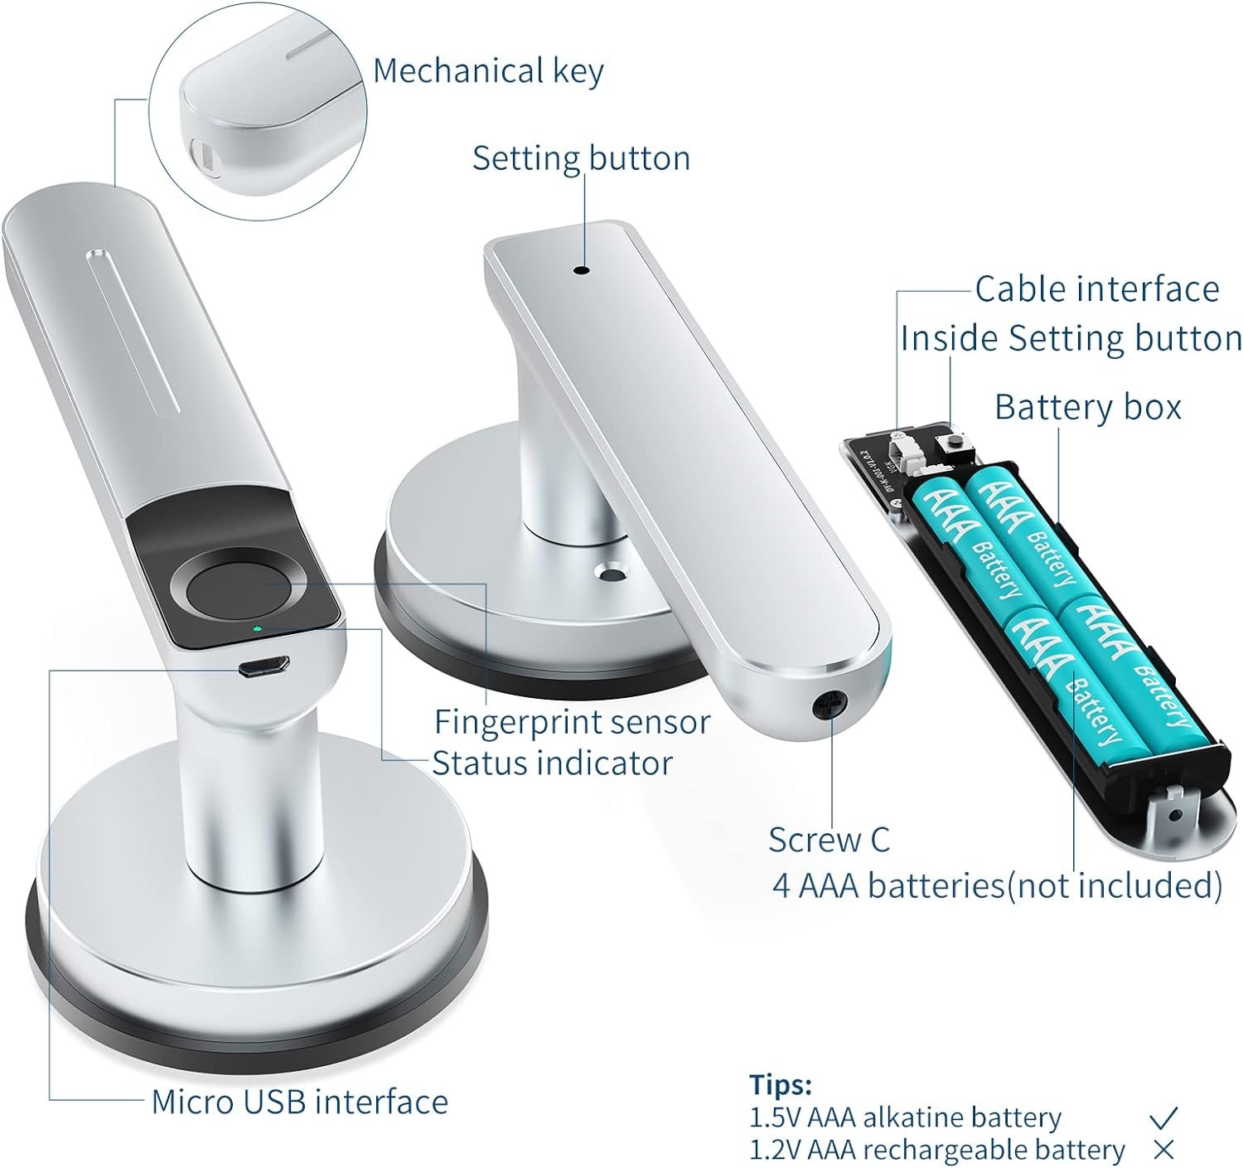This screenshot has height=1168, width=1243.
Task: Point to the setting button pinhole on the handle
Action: pyautogui.click(x=583, y=270)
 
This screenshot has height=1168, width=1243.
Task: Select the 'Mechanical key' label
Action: pyautogui.click(x=488, y=70)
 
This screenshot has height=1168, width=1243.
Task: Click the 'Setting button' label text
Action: pyautogui.click(x=582, y=158)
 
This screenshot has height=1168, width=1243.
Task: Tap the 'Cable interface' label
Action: pyautogui.click(x=1097, y=289)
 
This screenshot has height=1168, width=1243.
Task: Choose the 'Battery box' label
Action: pyautogui.click(x=1088, y=408)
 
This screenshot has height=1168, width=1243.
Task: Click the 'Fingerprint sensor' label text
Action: pyautogui.click(x=572, y=722)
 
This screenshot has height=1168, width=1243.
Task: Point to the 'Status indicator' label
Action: pyautogui.click(x=553, y=763)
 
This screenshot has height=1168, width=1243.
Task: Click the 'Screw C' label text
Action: pyautogui.click(x=829, y=839)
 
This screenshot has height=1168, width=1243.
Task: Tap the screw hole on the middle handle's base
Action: pyautogui.click(x=612, y=571)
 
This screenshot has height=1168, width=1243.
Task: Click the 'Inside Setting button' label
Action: pyautogui.click(x=1071, y=339)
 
